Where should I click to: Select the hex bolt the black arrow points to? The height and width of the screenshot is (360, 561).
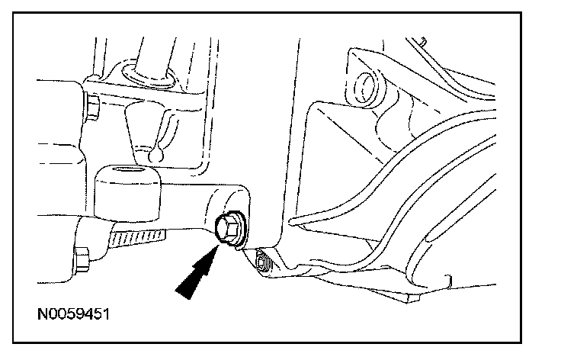click(x=226, y=227)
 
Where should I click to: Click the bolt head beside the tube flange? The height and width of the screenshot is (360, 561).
click(x=92, y=106)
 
